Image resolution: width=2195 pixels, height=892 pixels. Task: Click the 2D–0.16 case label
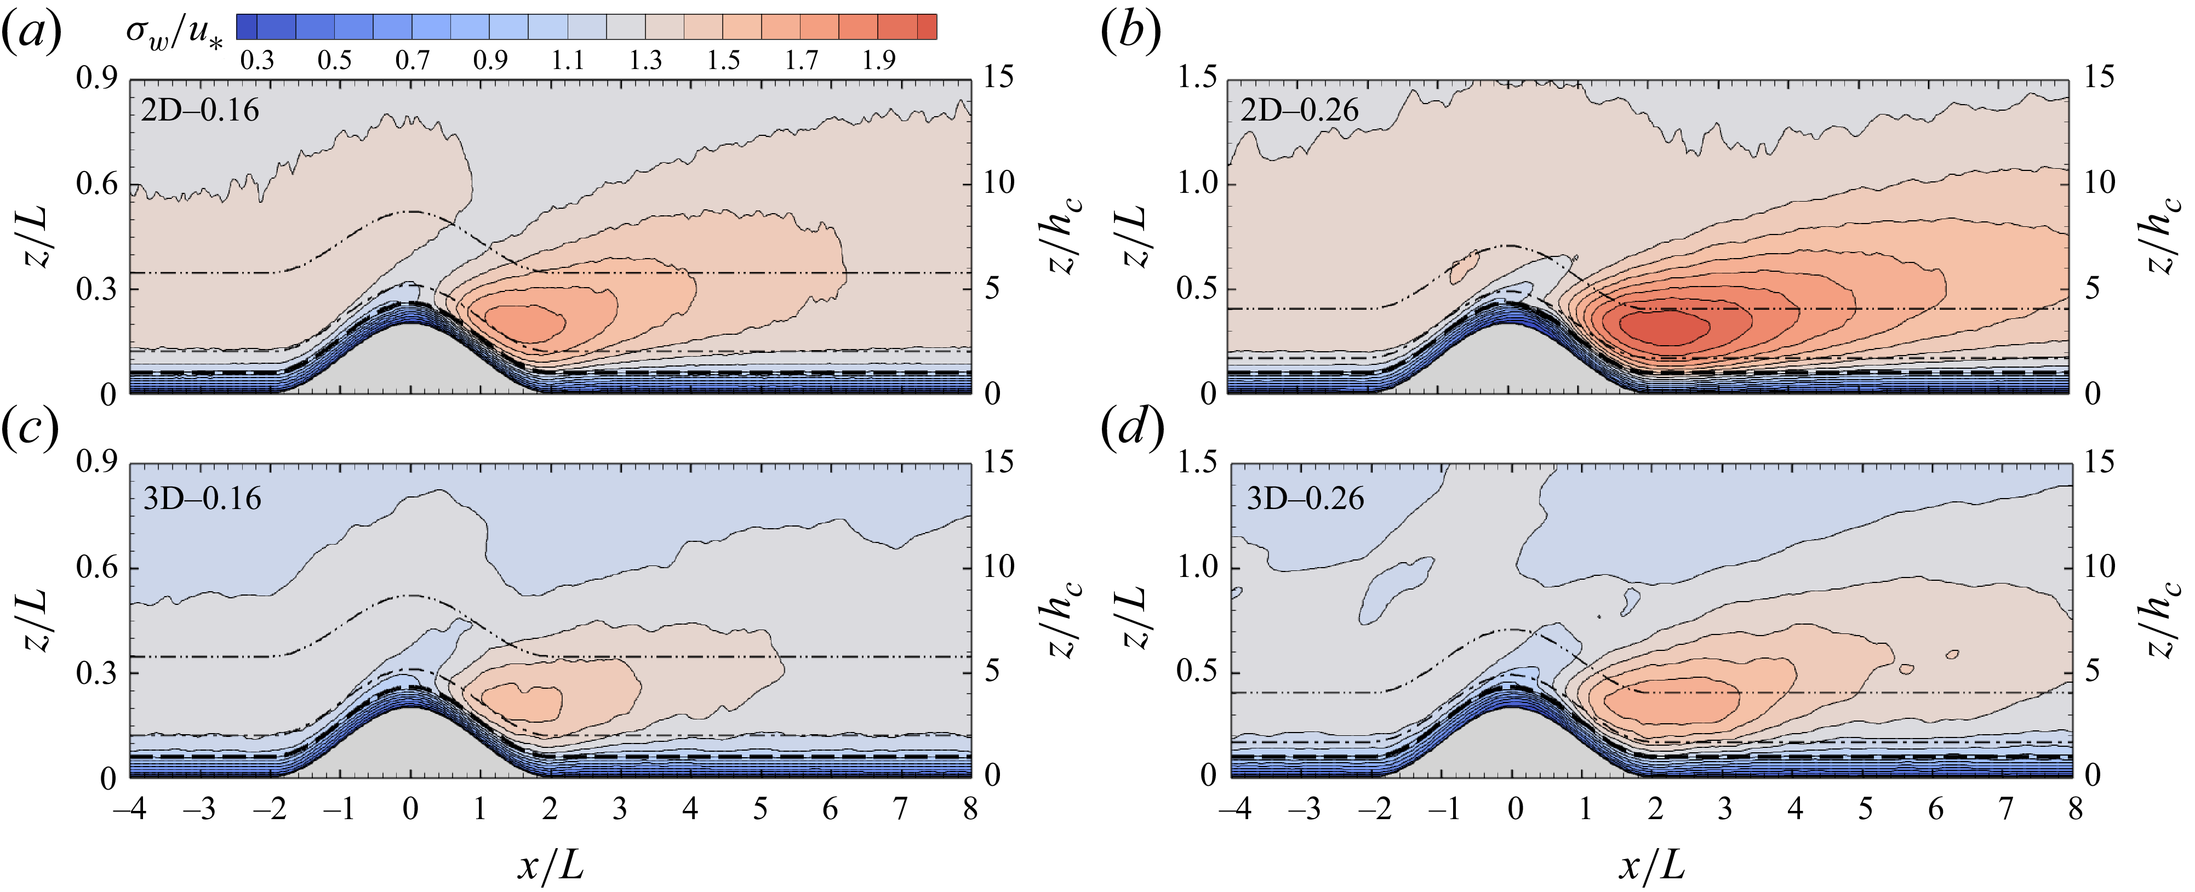(199, 111)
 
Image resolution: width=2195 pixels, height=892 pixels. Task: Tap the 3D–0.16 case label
(202, 499)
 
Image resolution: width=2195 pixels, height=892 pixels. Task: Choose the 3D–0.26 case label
(1305, 499)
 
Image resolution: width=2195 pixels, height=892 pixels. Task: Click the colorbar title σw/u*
(174, 34)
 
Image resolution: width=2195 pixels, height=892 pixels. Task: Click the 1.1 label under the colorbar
(568, 60)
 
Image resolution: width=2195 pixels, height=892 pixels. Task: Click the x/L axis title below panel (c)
(551, 866)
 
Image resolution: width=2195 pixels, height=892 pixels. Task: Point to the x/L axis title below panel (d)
(1651, 866)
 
